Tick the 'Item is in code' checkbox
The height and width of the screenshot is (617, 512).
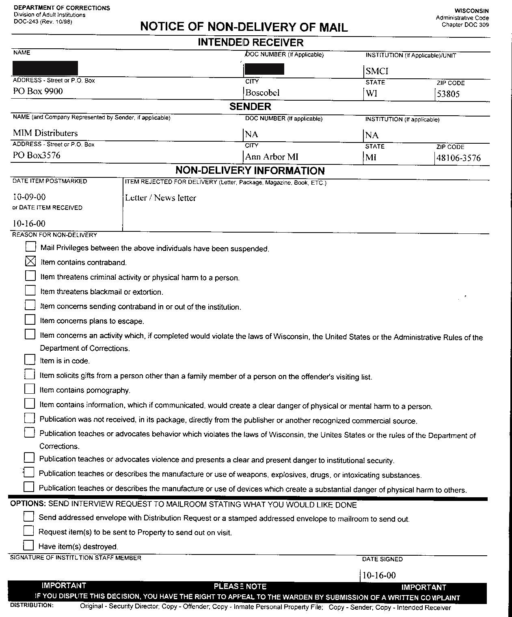point(30,360)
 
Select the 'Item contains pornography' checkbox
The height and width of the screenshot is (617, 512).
point(30,389)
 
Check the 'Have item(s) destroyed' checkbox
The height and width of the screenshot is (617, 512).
point(28,545)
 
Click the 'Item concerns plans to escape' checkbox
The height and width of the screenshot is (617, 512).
point(30,320)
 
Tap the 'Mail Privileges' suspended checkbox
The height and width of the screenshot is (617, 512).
point(30,247)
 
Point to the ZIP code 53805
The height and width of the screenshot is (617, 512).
point(448,94)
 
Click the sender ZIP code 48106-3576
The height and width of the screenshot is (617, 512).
point(458,158)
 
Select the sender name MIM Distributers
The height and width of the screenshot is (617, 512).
point(45,133)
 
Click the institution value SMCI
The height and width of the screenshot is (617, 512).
point(377,71)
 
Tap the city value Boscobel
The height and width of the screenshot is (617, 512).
point(262,93)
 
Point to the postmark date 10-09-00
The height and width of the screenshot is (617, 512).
point(29,197)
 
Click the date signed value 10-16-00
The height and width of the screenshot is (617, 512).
point(379,575)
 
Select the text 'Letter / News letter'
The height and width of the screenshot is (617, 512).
point(161,198)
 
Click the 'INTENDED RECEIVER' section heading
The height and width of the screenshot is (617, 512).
point(251,43)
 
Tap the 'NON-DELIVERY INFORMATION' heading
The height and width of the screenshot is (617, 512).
point(250,170)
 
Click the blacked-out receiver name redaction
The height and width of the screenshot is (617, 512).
point(45,68)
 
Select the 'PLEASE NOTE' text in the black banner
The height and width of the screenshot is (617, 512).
point(240,587)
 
